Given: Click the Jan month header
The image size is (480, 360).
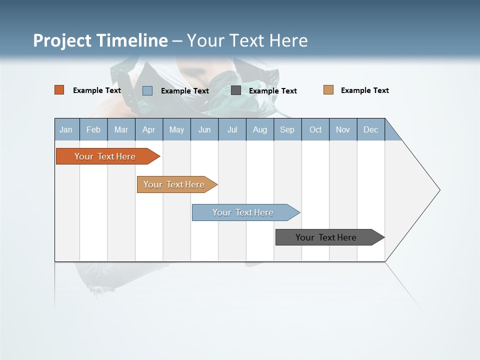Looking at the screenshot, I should tap(66, 129).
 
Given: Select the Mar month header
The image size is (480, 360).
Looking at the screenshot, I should tap(121, 129).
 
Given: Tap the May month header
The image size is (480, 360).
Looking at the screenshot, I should tap(176, 129).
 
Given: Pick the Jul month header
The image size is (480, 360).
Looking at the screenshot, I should tap(232, 129).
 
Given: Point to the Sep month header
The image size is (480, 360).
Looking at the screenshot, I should tap(287, 129).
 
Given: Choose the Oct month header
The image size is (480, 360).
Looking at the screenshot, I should tap(315, 129).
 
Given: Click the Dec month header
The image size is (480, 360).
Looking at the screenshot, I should tap(370, 129).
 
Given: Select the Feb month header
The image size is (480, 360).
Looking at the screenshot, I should tap(93, 129).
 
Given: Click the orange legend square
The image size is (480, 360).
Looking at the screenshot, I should tap(59, 90).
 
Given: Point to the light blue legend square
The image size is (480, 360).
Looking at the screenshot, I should tap(147, 90).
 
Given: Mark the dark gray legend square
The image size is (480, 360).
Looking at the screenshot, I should tap(236, 90).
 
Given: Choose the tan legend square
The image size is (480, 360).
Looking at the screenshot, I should tap(328, 90).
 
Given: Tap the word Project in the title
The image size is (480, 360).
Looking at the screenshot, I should tap(62, 40).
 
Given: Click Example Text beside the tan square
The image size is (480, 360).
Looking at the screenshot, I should tap(364, 90).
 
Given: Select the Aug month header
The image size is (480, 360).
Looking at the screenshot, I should tap(259, 129).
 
